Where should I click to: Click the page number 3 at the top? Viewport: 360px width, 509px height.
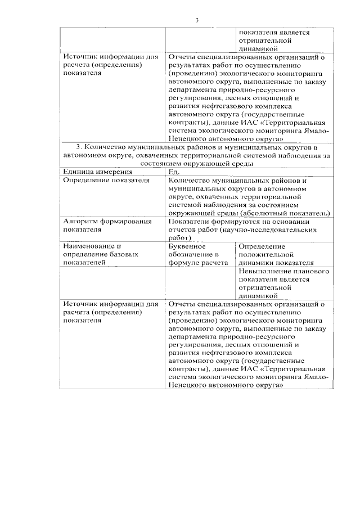point(197,21)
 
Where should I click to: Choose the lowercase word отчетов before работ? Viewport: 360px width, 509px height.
point(183,229)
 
